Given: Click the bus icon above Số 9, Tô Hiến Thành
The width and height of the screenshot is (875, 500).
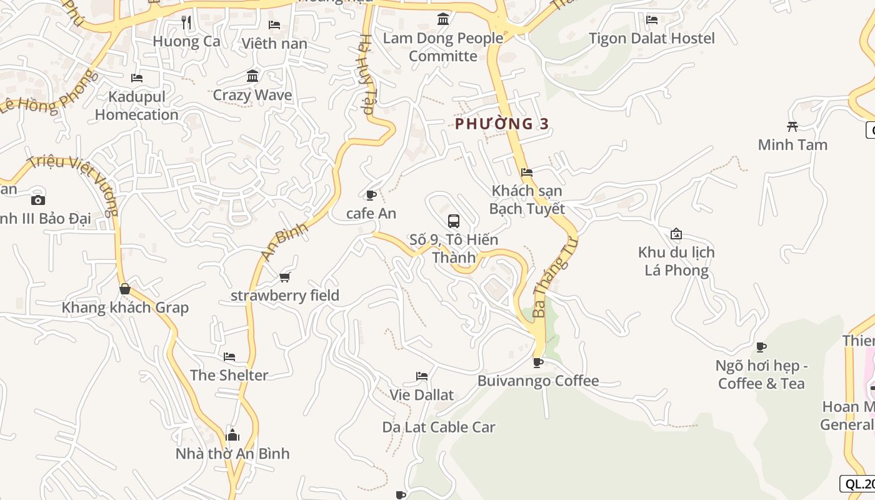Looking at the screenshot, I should (x=454, y=221).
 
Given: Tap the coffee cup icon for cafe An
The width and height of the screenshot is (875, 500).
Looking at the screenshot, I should (x=371, y=196).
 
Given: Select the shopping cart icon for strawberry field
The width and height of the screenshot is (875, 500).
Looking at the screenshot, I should (x=285, y=277).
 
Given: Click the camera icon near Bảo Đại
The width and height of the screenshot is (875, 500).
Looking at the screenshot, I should (x=38, y=200).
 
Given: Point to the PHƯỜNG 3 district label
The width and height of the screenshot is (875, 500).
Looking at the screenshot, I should (x=502, y=124).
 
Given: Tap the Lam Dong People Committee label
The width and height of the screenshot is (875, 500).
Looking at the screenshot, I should (x=443, y=47).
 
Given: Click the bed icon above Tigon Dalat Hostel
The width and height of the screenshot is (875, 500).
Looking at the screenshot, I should (x=652, y=20).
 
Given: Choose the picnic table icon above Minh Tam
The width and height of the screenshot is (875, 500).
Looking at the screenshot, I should (x=792, y=126).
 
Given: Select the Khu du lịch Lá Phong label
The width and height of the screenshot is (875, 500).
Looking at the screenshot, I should (x=676, y=261).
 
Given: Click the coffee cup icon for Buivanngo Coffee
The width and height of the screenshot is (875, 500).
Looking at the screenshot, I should (x=537, y=362).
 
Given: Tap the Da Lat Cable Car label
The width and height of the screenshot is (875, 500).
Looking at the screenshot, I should (x=439, y=427).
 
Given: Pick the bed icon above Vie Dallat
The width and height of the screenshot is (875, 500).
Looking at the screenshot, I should (x=422, y=376).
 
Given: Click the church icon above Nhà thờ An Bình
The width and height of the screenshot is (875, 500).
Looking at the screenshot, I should (x=232, y=435).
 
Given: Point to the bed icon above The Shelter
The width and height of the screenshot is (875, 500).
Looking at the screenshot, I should (x=229, y=357).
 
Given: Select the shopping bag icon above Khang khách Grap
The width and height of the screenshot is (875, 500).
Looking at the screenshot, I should (x=125, y=289).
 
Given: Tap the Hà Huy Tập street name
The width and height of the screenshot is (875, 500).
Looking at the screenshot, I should (x=365, y=75).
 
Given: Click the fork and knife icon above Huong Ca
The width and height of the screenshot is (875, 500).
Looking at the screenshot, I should (x=186, y=22).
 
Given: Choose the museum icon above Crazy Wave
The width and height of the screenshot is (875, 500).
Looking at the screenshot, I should (x=252, y=76).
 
